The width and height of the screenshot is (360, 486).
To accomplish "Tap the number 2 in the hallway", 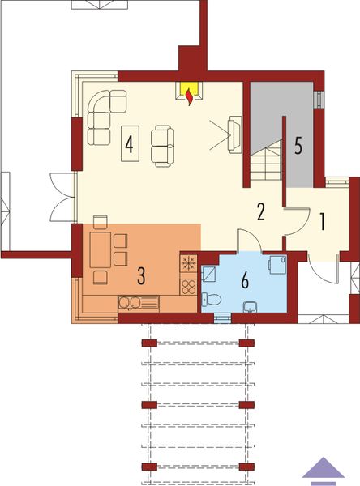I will click(x=260, y=212).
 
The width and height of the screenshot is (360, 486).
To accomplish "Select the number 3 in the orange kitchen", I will click(x=141, y=275).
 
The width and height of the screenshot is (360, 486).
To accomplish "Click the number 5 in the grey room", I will click(x=298, y=147).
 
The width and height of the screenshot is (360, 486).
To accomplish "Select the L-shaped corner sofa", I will click(x=104, y=113).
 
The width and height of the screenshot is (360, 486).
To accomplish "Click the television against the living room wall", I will click(x=234, y=134).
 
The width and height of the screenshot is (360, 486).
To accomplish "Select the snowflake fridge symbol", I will click(x=188, y=265).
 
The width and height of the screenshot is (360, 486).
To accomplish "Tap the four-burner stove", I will click(x=188, y=285).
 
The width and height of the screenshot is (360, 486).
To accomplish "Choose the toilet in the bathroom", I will click(x=212, y=299).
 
